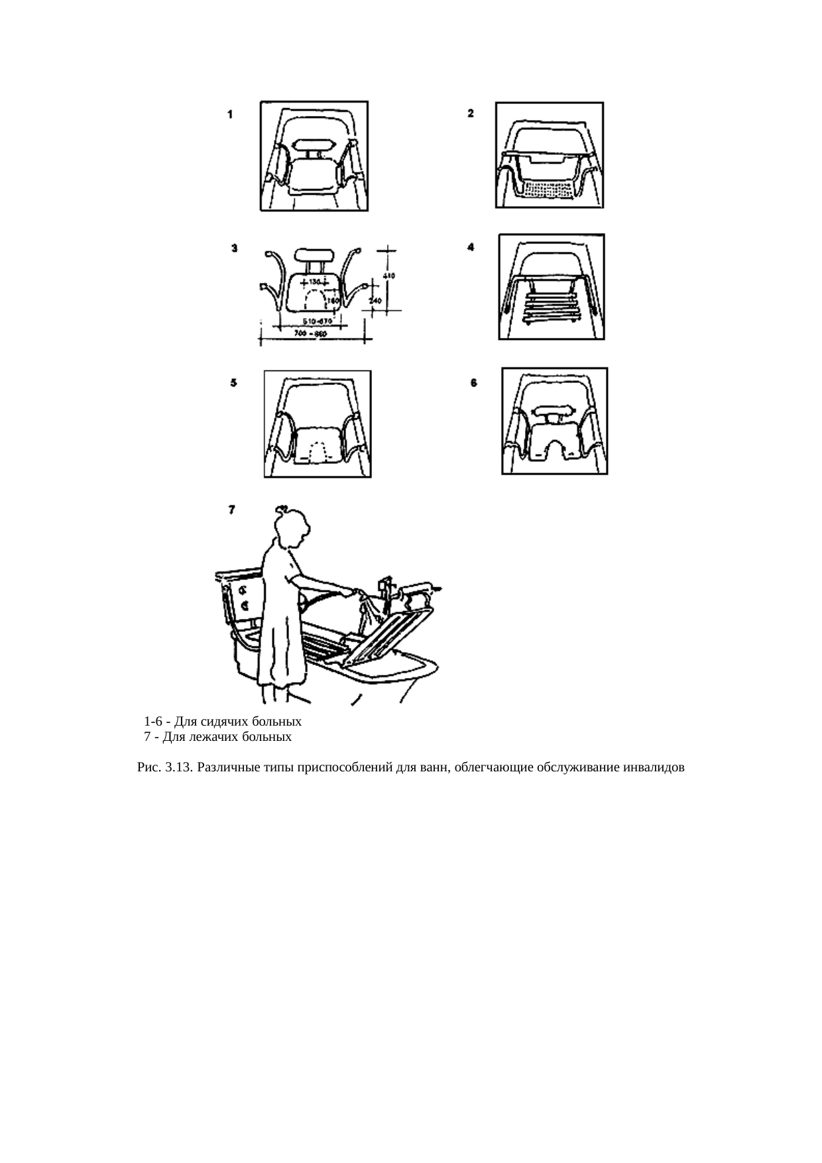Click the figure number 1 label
tap(230, 114)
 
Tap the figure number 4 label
tap(471, 247)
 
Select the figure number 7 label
tap(231, 510)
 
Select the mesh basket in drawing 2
tap(548, 190)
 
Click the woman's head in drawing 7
tap(292, 529)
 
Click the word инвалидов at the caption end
tap(654, 768)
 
